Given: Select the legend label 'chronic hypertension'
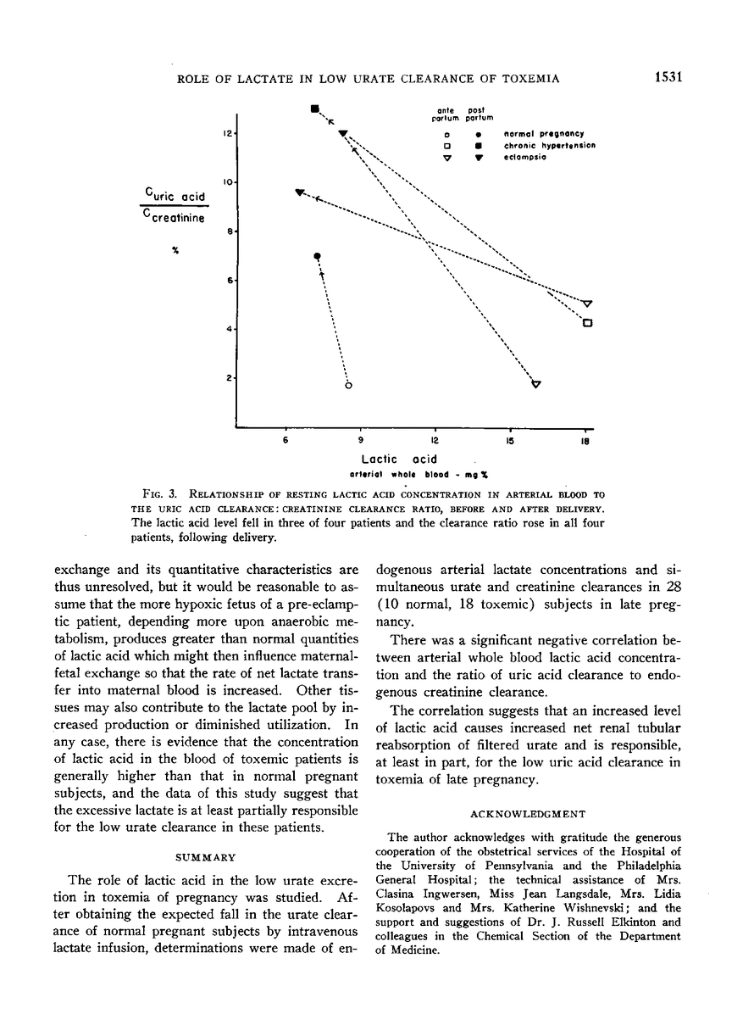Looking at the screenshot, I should click(548, 145).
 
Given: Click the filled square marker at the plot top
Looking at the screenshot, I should click(314, 108).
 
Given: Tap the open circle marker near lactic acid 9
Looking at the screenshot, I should click(348, 386).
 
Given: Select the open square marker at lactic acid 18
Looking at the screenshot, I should click(586, 322).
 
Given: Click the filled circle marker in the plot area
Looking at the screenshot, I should click(317, 255).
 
